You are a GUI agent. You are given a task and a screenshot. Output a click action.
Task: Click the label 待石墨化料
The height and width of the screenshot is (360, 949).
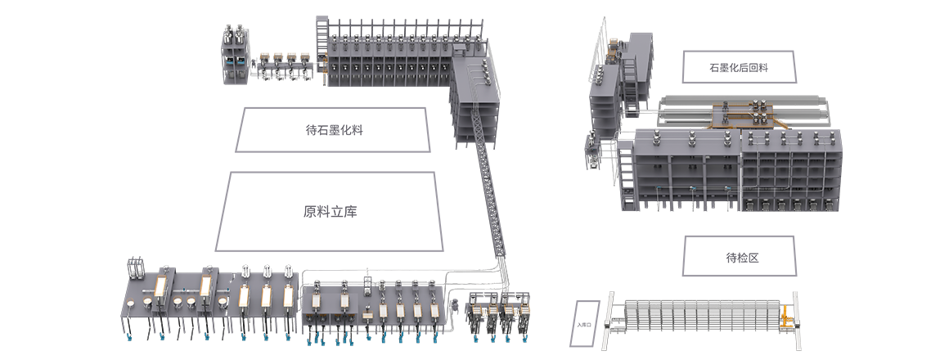334,129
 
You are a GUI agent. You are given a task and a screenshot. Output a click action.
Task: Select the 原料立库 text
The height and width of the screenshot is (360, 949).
330,211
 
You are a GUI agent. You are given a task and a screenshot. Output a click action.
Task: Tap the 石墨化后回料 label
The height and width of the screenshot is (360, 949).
739,67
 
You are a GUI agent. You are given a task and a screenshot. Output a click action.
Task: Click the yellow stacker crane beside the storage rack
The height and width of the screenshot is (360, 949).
785,318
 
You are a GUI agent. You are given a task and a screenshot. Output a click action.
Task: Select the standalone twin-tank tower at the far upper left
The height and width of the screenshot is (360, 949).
236,55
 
